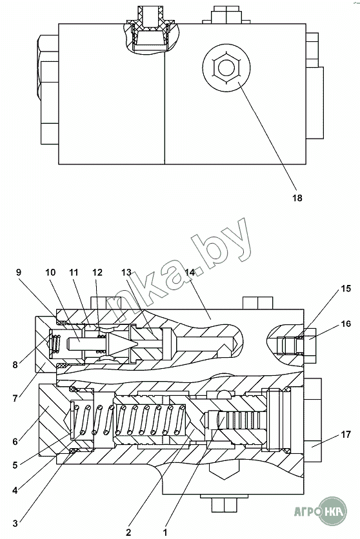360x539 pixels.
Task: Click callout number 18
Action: [x=297, y=198]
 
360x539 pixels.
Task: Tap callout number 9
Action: [x=19, y=272]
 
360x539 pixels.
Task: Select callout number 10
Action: [x=50, y=272]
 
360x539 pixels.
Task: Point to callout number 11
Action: [x=74, y=272]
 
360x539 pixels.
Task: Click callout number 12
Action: [x=97, y=272]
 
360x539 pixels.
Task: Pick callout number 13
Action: [x=126, y=272]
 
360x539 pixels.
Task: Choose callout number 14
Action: [x=190, y=272]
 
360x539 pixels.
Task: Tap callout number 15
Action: [x=346, y=288]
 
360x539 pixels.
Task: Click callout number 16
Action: [x=346, y=324]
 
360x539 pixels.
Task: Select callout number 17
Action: [x=346, y=435]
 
